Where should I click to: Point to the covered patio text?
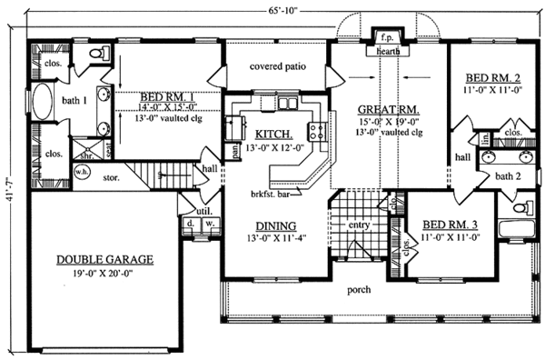tap(272, 67)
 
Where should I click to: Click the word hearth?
tap(387, 53)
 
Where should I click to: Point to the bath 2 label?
tap(506, 175)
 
